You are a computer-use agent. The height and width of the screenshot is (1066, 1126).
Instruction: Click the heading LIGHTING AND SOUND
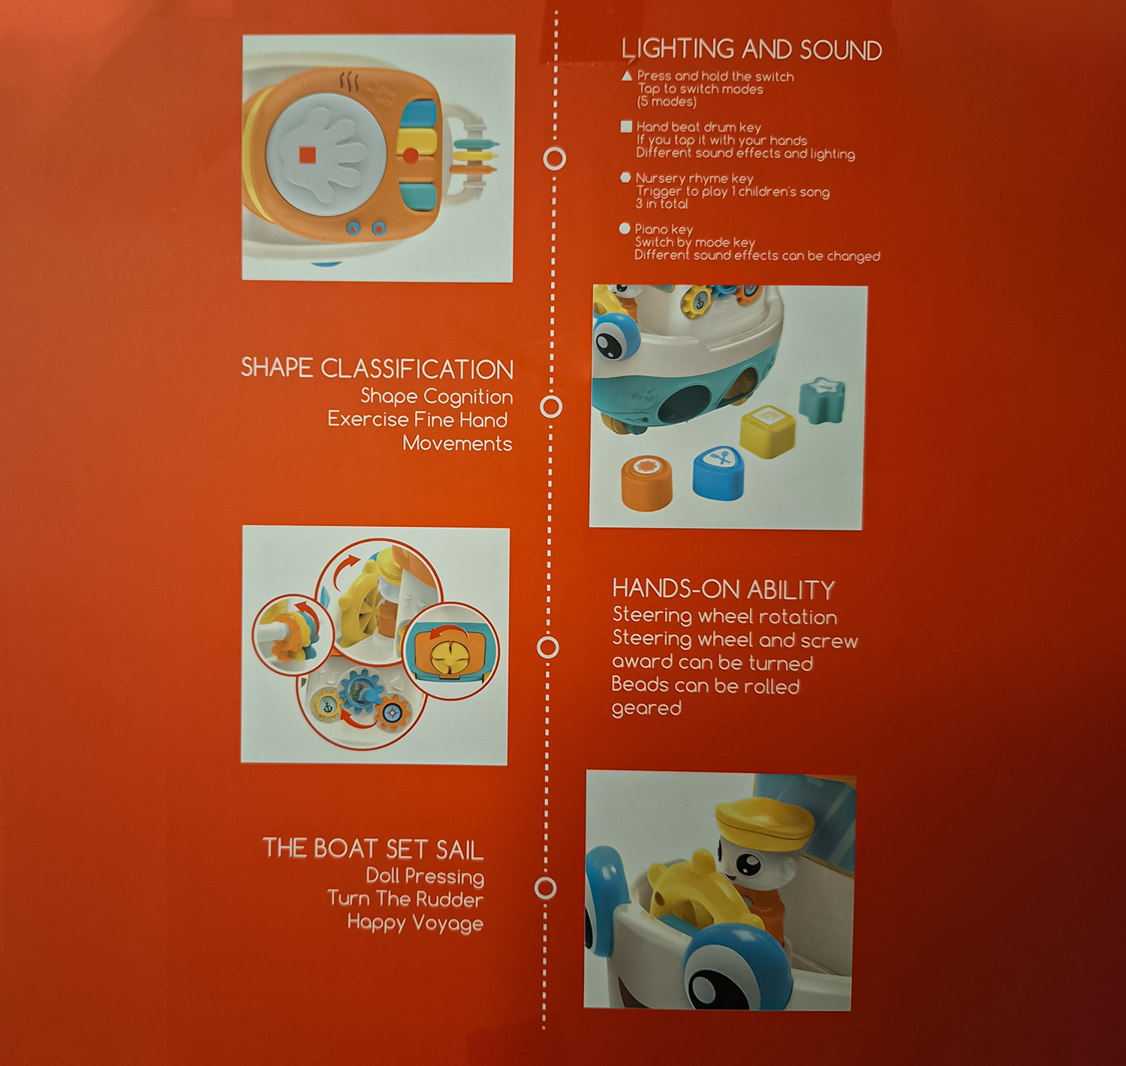751,50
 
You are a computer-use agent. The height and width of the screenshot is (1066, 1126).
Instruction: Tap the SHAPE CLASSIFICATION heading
377,369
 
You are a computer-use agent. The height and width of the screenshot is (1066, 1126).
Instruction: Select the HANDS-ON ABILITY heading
724,589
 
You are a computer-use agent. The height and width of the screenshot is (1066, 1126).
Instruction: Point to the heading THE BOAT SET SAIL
373,849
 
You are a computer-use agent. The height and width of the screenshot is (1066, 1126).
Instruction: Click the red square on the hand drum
308,155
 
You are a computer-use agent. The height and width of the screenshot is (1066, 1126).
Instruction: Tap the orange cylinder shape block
646,482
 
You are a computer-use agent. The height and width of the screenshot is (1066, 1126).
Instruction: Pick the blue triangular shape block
718,473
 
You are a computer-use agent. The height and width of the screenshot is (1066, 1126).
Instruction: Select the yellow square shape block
767,432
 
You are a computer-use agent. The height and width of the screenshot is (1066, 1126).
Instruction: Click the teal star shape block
823,400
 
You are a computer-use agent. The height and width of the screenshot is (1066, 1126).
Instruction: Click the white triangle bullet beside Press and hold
627,76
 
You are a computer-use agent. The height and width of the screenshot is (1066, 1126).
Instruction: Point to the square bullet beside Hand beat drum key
626,127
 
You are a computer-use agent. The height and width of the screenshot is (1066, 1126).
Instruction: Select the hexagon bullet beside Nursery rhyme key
625,178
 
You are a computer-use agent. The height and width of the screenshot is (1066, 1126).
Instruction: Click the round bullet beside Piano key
625,228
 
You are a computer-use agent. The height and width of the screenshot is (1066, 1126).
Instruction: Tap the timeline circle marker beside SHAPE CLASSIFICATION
551,407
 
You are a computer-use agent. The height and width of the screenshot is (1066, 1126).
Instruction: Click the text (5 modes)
667,102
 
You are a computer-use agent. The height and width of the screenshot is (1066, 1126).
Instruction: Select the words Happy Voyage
415,923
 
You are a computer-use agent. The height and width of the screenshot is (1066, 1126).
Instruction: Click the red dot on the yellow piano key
410,155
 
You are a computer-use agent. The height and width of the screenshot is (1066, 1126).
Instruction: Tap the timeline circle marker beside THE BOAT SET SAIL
546,888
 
